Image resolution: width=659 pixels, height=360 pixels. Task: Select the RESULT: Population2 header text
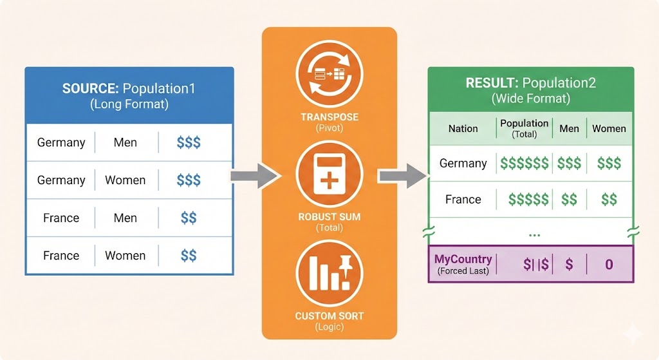pos(531,83)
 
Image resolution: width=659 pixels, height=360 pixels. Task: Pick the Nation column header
pos(463,128)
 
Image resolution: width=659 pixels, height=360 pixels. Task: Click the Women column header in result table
pos(608,128)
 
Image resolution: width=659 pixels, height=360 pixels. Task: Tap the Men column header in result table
pos(569,128)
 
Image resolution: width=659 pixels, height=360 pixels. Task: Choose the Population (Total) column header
pos(524,128)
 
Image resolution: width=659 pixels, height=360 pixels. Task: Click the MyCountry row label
pos(463,260)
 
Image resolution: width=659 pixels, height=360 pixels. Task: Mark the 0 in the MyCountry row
pos(609,264)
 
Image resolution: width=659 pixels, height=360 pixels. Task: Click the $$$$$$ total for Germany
pos(524,164)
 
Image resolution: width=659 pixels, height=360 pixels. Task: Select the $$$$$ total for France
pos(528,200)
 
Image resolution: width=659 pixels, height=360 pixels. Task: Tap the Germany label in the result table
pos(463,164)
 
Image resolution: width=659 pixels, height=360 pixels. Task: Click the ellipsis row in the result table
pos(534,234)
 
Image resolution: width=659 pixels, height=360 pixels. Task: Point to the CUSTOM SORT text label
pos(329,316)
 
